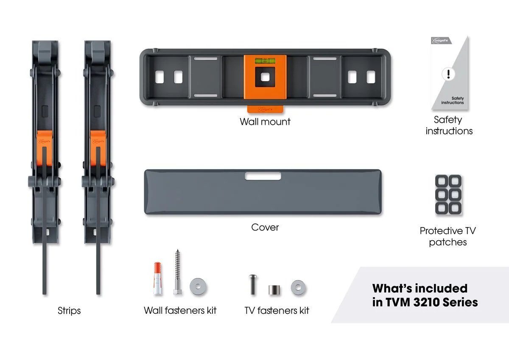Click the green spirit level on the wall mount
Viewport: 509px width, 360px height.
[265, 61]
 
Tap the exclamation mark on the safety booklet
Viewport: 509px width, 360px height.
[448, 74]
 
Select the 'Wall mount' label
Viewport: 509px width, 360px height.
[265, 122]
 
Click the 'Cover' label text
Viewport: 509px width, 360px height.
[265, 227]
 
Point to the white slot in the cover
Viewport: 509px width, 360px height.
[263, 176]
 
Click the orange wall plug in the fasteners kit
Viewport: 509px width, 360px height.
[158, 278]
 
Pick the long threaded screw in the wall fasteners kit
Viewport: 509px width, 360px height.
[177, 272]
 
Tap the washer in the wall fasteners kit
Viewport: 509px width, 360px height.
[198, 287]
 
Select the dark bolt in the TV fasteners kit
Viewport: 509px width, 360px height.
[253, 284]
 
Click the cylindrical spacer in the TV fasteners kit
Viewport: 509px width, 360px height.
[274, 290]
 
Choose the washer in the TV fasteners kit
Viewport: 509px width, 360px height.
[298, 287]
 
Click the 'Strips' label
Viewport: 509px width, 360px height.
[69, 311]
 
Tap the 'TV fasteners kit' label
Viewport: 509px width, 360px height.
[277, 310]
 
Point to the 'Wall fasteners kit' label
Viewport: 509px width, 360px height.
[180, 310]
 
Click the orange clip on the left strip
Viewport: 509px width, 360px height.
[45, 148]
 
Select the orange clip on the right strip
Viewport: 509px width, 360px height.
[98, 148]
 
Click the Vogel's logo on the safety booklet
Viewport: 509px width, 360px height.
[441, 41]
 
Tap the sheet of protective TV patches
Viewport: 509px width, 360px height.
[448, 194]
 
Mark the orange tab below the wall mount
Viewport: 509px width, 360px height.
[265, 109]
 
